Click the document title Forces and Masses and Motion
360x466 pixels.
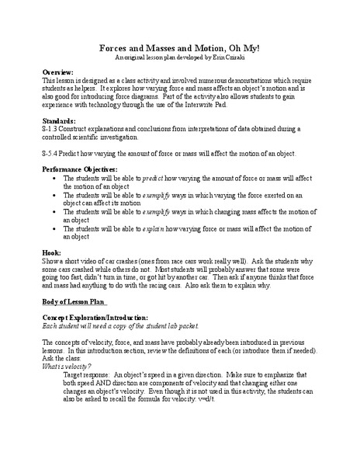(180, 48)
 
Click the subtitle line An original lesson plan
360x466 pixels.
(180, 59)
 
